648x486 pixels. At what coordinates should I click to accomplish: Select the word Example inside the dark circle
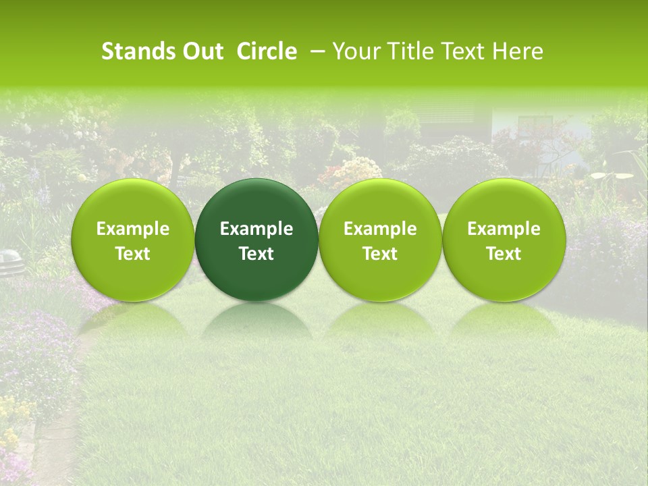(256, 229)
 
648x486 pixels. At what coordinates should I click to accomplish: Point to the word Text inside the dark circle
(256, 254)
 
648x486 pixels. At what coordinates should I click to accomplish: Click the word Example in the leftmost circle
(133, 229)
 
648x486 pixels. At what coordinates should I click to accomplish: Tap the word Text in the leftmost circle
(133, 254)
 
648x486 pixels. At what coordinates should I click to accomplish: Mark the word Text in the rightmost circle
(504, 254)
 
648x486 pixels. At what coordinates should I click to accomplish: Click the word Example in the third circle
(380, 229)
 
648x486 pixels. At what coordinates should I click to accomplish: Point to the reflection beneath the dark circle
(256, 320)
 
